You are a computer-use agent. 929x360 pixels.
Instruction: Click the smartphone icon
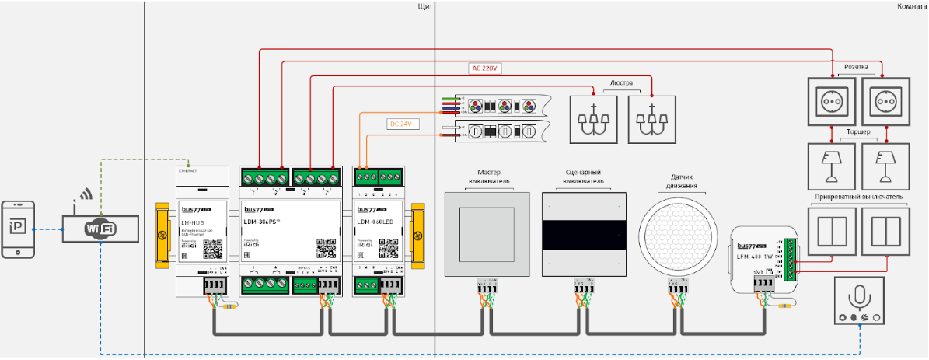point(19,229)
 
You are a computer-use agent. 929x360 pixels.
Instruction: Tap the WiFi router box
point(101,229)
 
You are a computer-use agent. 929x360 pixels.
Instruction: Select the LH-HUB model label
point(193,222)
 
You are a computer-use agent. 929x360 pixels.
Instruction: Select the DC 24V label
point(403,124)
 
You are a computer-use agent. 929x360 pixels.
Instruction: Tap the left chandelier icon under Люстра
point(596,120)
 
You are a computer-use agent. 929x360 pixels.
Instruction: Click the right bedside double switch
point(884,232)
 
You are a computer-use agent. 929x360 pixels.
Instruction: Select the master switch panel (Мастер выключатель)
point(487,234)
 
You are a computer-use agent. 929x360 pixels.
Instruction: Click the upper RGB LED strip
point(498,106)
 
